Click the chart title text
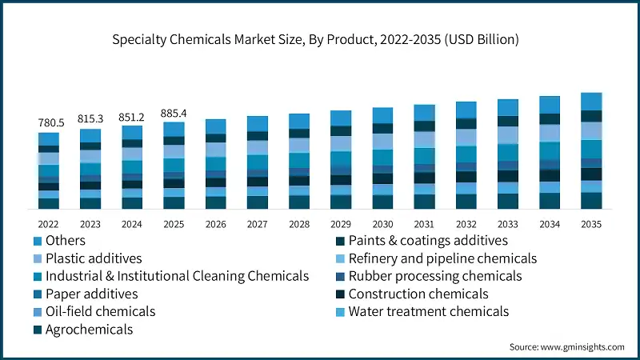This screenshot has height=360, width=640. coord(320,40)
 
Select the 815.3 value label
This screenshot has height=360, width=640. coord(90,118)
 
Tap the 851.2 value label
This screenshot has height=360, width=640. coord(132,116)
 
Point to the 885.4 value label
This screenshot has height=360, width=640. coord(174,113)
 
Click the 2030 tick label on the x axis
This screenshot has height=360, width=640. coord(382,225)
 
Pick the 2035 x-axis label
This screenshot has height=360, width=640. coord(591,225)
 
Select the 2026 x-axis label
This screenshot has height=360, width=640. coord(215,225)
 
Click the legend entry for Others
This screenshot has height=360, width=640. coord(66,240)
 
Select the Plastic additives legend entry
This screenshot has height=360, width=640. coord(94,258)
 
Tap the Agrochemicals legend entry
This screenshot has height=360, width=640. coord(89,329)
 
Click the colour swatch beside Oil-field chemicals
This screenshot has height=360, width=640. coord(38,312)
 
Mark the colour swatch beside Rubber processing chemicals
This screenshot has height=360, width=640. coord(340,277)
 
